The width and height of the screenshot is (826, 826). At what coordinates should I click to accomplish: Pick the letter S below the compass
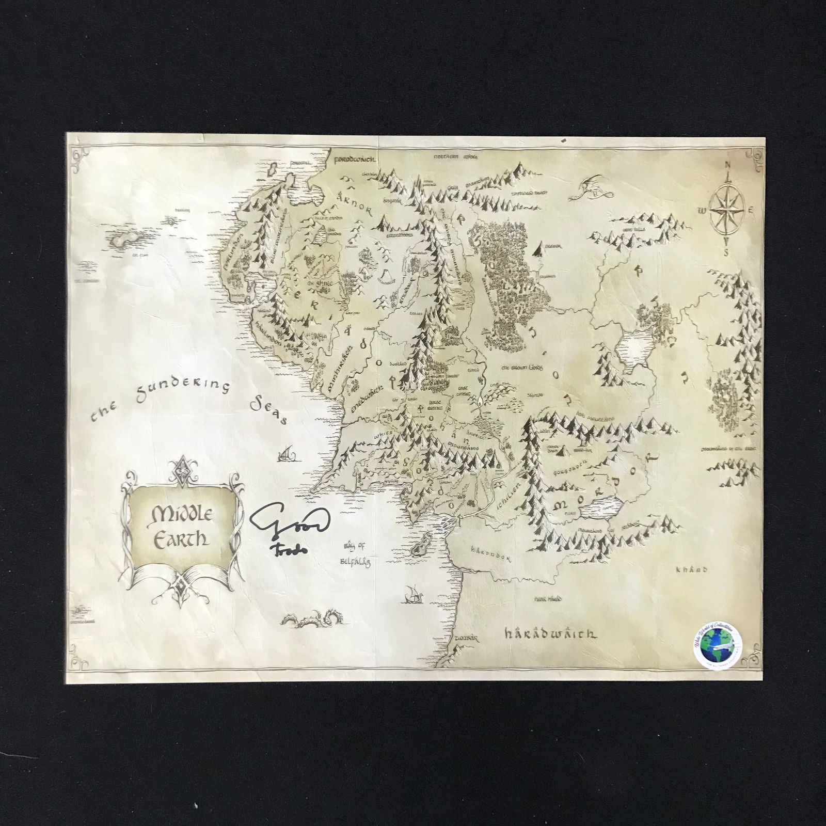click(726, 253)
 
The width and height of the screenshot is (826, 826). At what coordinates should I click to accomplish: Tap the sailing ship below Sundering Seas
click(287, 454)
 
